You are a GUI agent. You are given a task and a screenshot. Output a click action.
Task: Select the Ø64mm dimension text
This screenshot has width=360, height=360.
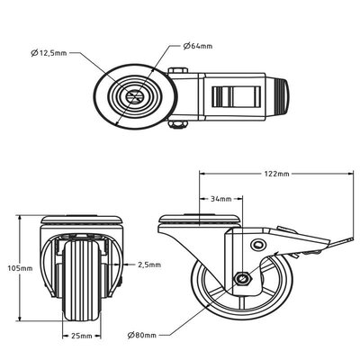[x=199, y=45]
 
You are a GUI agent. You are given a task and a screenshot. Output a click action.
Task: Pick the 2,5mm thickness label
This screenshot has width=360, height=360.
[x=150, y=265]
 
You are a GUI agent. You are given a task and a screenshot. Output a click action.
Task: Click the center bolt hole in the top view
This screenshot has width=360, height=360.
[x=132, y=96]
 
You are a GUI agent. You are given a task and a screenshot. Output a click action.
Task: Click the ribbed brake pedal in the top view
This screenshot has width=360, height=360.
[x=234, y=96]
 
